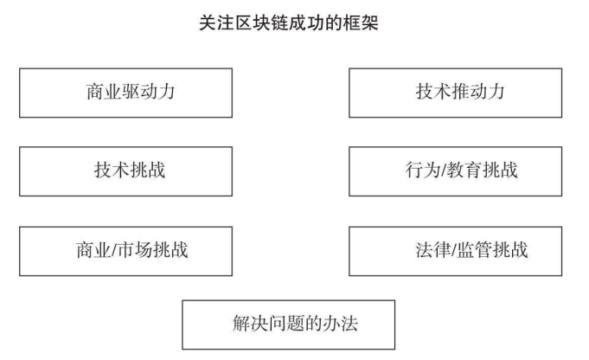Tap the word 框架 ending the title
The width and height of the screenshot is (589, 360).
pos(361,22)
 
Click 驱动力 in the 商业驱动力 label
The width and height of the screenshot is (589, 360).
pos(149,92)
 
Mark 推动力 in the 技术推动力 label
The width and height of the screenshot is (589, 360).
pos(478,92)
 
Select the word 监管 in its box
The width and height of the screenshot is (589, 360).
pos(475,249)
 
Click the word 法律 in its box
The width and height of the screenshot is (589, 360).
pos(432,249)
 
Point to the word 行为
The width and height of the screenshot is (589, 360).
pos(423,170)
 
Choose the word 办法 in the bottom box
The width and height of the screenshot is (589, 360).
pos(340,323)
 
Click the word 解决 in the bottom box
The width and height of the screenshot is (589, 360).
pos(250,323)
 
